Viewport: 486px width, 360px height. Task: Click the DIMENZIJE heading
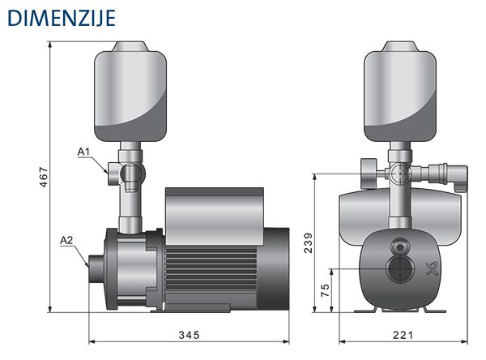coord(62,18)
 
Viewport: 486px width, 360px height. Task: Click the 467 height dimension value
coord(44,178)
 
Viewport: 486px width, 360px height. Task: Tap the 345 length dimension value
coord(189,335)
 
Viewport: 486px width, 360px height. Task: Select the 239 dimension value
coord(309,242)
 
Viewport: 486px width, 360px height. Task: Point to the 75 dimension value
coord(325,289)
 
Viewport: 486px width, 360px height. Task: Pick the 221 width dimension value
coord(403,335)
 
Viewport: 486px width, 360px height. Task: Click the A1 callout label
coord(83,152)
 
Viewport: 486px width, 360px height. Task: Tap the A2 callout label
coord(66,240)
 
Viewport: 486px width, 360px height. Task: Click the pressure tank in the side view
coord(130,92)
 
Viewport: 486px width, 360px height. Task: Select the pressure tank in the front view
coord(400,92)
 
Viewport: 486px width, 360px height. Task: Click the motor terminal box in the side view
coord(215,216)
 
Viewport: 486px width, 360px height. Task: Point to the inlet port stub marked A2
coord(96,268)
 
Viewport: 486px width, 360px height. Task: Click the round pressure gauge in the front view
coord(369,174)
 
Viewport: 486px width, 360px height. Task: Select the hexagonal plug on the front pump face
coord(400,247)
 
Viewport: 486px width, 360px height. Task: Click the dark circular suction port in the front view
coord(400,269)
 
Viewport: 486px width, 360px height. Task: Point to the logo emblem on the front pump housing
coord(433,269)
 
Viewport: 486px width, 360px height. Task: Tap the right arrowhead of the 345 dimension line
coord(286,341)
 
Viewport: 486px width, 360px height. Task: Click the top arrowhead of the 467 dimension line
coord(49,45)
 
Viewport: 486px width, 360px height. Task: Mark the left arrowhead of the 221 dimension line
coord(343,341)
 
